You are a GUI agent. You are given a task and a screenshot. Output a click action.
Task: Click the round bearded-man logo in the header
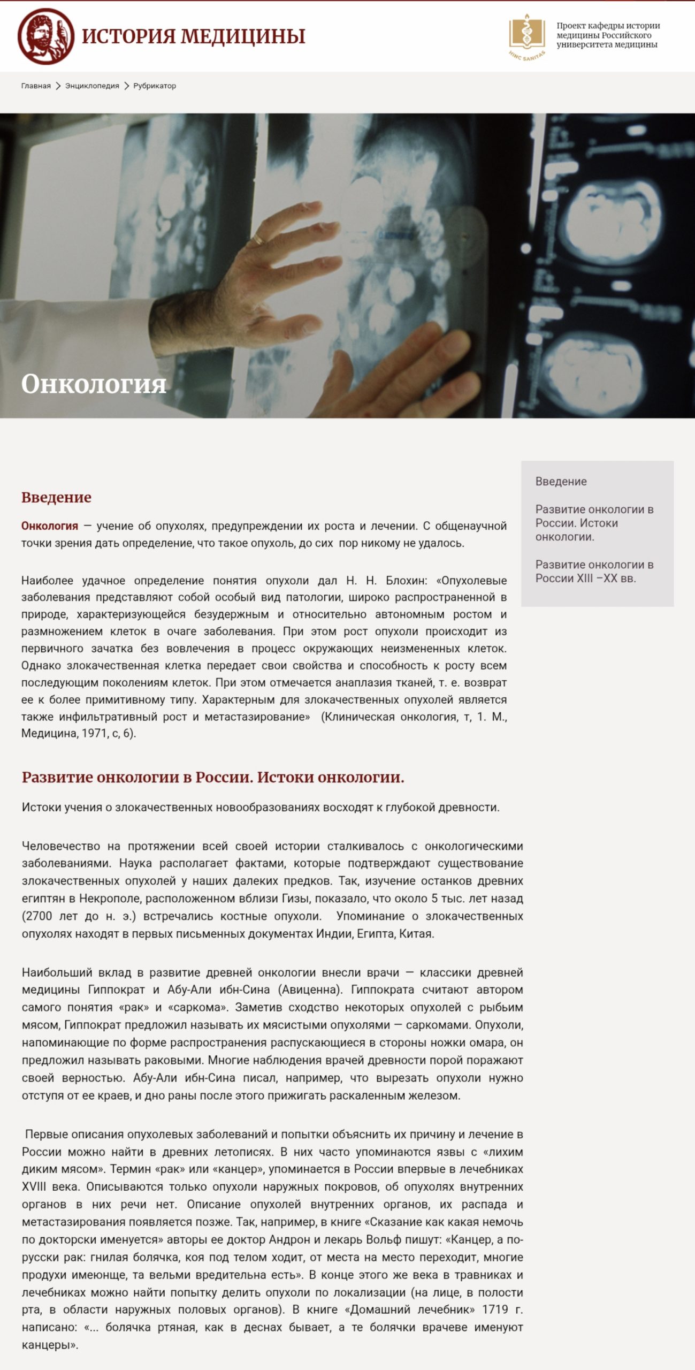tap(46, 36)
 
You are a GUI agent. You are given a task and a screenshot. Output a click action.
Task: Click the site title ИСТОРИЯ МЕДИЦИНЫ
tap(193, 36)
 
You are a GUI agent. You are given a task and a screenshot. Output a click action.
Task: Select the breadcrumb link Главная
tap(36, 86)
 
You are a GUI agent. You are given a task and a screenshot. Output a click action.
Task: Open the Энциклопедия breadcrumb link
tap(92, 86)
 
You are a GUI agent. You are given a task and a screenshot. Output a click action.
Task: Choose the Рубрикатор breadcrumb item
tap(155, 86)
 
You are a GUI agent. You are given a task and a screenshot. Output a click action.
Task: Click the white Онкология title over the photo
tap(94, 384)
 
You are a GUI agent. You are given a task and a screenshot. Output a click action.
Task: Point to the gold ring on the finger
tap(258, 239)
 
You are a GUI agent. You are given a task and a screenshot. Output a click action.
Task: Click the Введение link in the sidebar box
tap(561, 481)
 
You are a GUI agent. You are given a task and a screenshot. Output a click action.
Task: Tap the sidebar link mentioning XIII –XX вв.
tap(594, 571)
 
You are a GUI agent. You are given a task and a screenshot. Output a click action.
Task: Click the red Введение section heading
tap(56, 497)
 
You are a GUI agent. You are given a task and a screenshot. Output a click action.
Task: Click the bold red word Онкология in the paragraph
tap(50, 526)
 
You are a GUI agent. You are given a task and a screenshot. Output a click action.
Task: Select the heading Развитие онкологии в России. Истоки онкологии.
tap(213, 777)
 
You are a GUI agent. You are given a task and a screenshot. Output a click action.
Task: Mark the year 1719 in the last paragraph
tap(495, 1310)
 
